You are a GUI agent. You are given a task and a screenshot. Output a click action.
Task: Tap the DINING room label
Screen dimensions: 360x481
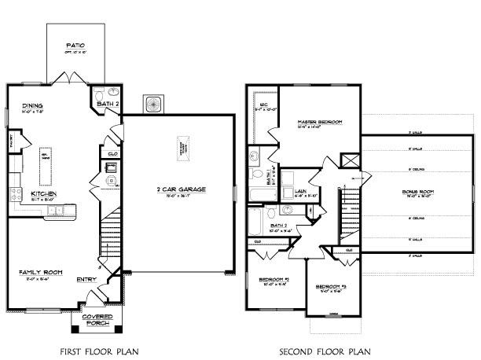[x=32, y=105]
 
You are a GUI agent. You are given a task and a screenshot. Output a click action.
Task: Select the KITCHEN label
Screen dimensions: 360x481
[x=42, y=193]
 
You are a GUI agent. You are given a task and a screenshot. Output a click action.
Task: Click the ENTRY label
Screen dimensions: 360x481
[x=86, y=279]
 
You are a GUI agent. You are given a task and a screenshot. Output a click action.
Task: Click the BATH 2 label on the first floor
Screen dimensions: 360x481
[x=107, y=103]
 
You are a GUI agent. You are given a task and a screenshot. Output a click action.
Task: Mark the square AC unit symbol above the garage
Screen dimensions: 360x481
[x=152, y=104]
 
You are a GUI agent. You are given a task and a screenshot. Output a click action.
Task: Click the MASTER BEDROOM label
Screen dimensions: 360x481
[x=318, y=123]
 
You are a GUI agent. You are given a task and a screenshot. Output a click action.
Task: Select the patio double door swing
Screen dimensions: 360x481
[x=68, y=75]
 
